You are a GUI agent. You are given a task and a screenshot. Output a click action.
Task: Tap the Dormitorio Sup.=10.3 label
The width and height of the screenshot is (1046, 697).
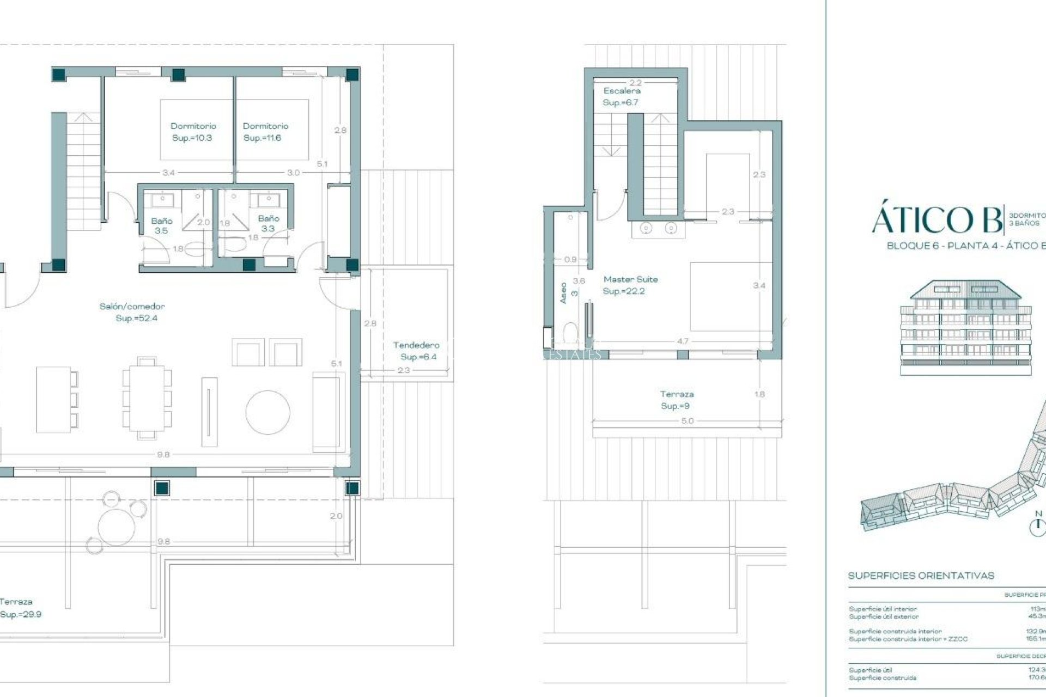[x=193, y=132]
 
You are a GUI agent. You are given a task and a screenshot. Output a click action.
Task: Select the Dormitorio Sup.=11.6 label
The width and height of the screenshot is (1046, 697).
[x=265, y=132]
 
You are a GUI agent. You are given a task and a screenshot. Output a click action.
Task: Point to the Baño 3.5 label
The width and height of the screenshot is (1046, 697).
[x=161, y=225]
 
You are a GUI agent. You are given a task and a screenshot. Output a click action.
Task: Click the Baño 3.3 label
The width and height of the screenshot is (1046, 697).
[x=268, y=223]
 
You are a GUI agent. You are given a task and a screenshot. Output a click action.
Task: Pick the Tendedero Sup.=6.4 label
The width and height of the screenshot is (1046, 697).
[x=417, y=351]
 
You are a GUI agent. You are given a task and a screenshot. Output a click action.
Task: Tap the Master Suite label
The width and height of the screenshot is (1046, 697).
[x=630, y=285]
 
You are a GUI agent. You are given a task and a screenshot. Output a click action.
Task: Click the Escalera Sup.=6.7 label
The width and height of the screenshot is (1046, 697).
[x=621, y=96]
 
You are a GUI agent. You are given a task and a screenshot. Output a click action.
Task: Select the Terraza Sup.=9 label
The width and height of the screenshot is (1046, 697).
[x=677, y=400]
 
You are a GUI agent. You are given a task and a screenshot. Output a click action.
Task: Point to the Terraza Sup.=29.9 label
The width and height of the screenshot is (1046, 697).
[x=19, y=608]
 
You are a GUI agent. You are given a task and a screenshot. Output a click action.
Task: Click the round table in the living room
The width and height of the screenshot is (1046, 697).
[x=267, y=412]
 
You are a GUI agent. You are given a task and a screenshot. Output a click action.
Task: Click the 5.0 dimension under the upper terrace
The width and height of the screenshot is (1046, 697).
[x=687, y=421]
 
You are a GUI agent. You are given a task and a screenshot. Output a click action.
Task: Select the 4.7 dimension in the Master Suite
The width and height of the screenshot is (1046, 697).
[x=682, y=341]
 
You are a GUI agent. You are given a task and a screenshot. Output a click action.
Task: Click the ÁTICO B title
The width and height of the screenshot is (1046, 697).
[x=937, y=219]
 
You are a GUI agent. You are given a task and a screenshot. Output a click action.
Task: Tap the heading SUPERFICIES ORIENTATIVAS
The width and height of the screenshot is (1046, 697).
[x=921, y=576]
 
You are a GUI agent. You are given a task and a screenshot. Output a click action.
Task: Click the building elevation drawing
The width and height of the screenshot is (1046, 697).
[x=966, y=327]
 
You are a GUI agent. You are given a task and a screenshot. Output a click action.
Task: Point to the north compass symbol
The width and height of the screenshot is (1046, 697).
[x=1038, y=524]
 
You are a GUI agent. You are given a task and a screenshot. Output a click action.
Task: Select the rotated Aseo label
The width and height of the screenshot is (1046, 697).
[x=564, y=293]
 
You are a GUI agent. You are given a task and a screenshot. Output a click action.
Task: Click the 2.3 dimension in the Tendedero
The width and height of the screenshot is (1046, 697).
[x=404, y=370]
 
